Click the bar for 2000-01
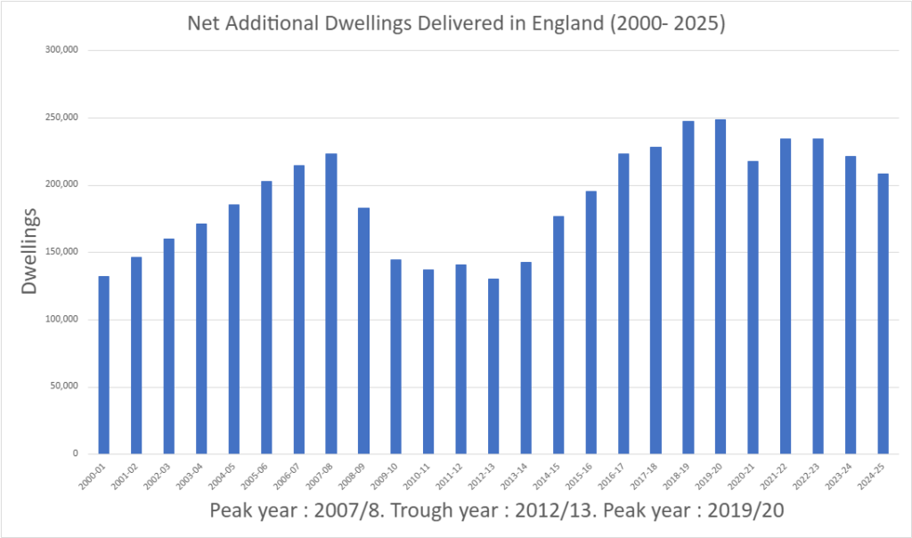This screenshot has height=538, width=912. [x=103, y=365]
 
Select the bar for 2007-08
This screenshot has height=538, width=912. [x=331, y=304]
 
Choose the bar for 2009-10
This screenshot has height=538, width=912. [x=395, y=356]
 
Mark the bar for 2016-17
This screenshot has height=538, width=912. [x=623, y=304]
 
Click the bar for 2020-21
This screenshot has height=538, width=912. [x=753, y=307]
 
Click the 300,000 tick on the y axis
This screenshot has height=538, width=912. [x=63, y=51]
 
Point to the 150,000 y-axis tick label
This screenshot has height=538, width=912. [x=63, y=252]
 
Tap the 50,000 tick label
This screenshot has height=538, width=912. [x=66, y=387]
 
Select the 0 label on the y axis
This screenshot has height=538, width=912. [x=77, y=453]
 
